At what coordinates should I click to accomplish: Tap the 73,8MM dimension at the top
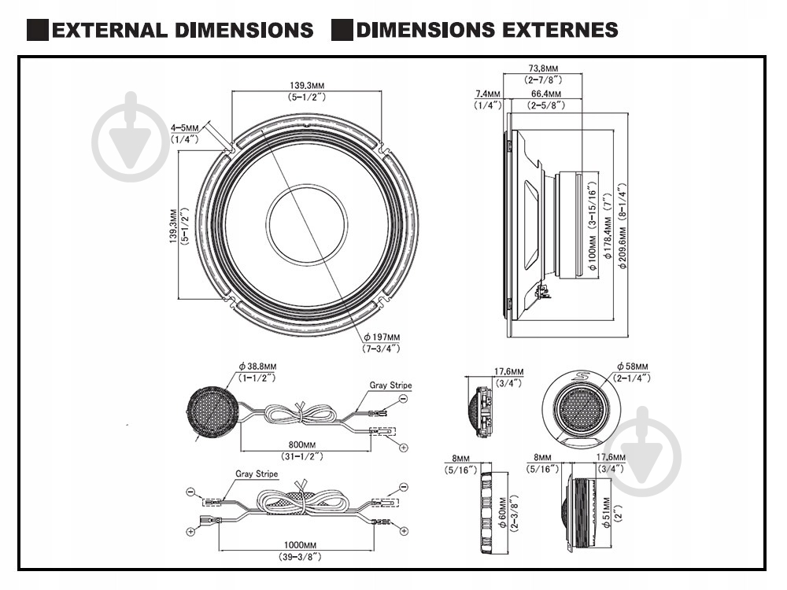click(x=544, y=68)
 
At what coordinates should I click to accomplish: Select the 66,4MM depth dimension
click(x=544, y=94)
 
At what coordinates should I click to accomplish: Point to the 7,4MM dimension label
click(x=487, y=94)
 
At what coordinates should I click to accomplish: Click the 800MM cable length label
click(x=302, y=444)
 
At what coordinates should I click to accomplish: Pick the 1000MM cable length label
click(x=302, y=544)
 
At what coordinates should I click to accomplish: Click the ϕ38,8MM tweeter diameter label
click(x=257, y=367)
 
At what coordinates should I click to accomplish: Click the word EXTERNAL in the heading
click(x=111, y=31)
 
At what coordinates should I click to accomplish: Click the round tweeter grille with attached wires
click(x=212, y=410)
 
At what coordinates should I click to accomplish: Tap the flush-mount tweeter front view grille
click(x=582, y=408)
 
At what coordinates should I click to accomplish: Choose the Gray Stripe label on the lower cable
click(x=257, y=474)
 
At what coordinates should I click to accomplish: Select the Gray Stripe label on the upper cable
click(x=390, y=385)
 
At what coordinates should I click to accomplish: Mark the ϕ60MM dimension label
click(x=502, y=513)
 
